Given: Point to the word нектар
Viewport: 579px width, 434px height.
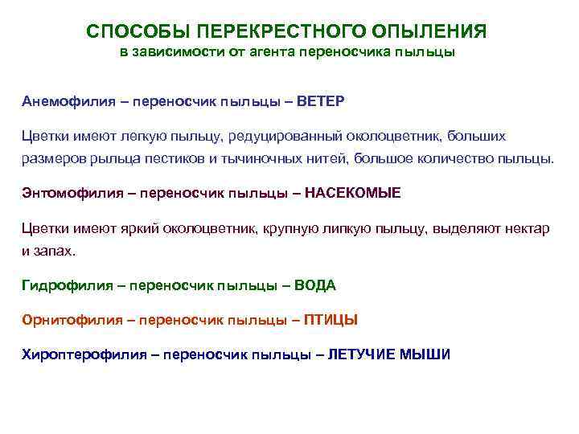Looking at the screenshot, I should pos(526,228).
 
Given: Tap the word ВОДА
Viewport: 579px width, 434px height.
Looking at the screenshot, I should pos(315,285).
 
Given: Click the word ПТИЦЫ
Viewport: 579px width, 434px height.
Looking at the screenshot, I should pos(332,319).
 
